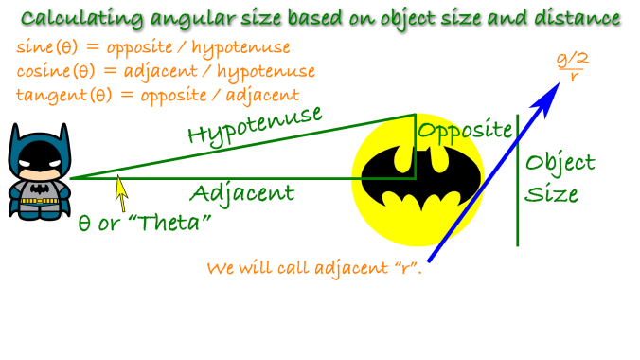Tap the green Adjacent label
pyautogui.click(x=241, y=194)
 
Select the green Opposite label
pyautogui.click(x=465, y=130)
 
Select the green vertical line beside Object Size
pyautogui.click(x=517, y=180)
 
